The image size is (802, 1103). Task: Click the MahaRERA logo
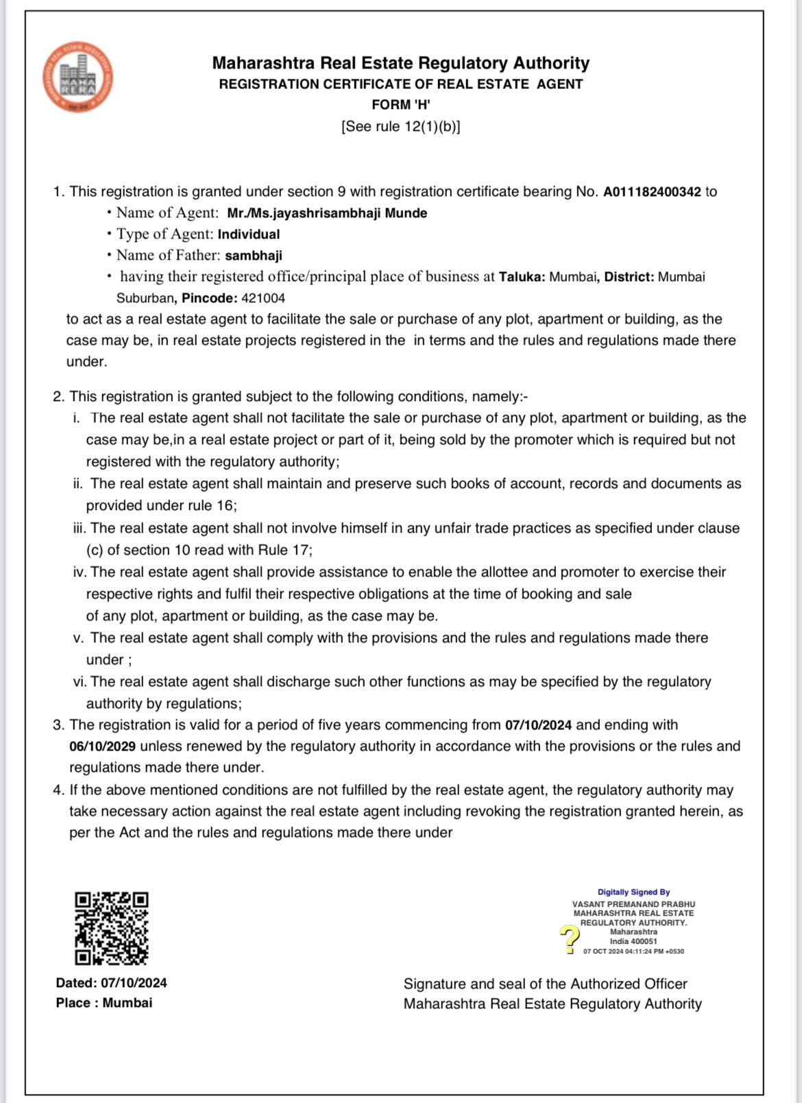(x=77, y=77)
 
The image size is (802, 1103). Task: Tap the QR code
(x=111, y=928)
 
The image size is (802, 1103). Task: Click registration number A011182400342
(x=652, y=192)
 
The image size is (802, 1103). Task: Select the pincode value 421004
(x=263, y=298)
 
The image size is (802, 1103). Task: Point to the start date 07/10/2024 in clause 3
(x=538, y=725)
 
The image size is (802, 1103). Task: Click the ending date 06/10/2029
(x=102, y=747)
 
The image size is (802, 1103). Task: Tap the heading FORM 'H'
(x=401, y=105)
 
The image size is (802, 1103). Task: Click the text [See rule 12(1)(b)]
(x=401, y=127)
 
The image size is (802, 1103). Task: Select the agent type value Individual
(x=249, y=234)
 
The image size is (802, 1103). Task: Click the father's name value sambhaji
(x=254, y=256)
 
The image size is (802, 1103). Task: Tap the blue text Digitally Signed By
(x=633, y=893)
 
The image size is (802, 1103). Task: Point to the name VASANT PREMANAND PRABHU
(x=633, y=904)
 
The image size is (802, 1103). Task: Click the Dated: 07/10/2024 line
(x=112, y=983)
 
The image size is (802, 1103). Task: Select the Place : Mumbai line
(x=104, y=1003)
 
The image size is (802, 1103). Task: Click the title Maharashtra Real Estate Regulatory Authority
(x=401, y=63)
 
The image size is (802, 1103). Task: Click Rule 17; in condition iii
(x=285, y=550)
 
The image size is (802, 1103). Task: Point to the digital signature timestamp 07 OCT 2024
(x=603, y=952)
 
